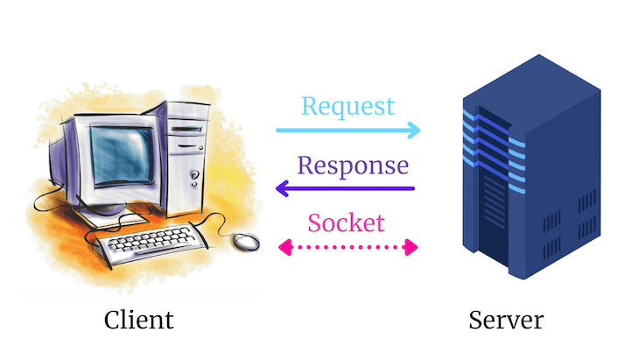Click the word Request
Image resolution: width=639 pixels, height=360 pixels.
[x=348, y=107]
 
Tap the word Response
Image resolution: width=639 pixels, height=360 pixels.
[x=352, y=165]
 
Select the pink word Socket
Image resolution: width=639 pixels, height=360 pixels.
[x=345, y=222]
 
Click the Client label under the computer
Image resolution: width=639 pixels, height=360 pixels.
[x=138, y=319]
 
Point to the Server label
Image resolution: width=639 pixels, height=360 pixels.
[x=505, y=319]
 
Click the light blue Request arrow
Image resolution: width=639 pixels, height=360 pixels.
[x=346, y=131]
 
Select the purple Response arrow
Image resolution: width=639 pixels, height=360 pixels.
[x=346, y=187]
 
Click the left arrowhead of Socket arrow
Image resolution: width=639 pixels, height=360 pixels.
[x=283, y=248]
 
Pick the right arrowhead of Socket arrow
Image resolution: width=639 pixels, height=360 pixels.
[x=411, y=248]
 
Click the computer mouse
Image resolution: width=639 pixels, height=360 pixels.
[x=248, y=239]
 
